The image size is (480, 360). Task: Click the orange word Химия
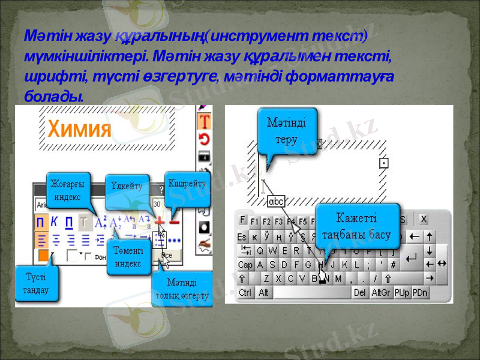tap(80, 129)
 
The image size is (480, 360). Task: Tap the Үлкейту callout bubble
tap(127, 187)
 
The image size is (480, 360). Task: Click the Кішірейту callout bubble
tap(187, 184)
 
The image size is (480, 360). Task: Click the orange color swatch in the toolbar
tap(43, 256)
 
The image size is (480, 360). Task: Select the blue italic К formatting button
tap(54, 222)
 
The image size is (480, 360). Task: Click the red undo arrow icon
tap(205, 140)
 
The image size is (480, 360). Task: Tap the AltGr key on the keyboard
tap(381, 292)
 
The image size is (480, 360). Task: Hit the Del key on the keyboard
tap(360, 292)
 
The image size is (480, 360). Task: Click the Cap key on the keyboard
tap(245, 265)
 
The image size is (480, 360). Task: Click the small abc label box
tap(277, 201)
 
